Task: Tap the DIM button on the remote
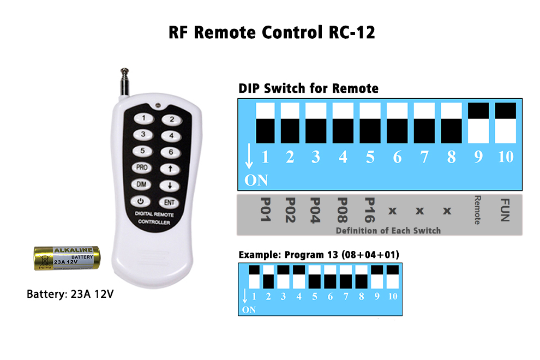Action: [141, 185]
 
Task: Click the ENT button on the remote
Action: [170, 202]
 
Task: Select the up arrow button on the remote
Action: [170, 169]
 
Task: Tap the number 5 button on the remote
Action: [142, 152]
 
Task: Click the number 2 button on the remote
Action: [171, 119]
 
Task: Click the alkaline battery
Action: [67, 258]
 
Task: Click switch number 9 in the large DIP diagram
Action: [478, 123]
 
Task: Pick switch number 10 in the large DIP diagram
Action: [505, 123]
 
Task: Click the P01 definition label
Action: [265, 209]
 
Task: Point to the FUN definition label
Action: [505, 209]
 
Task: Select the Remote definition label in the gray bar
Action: [478, 209]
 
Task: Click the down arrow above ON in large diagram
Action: [249, 157]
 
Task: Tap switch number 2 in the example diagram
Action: [268, 277]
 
